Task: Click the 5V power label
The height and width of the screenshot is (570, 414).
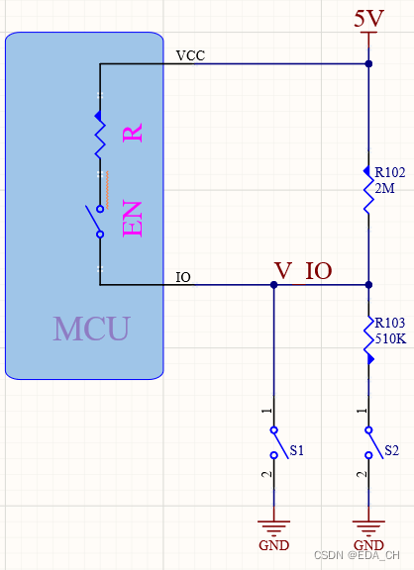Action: point(368,18)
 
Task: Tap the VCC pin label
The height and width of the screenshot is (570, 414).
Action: point(190,55)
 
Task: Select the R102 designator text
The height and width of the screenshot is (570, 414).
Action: point(390,172)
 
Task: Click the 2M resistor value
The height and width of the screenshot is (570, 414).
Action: point(385,188)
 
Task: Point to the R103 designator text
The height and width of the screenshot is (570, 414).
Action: point(390,323)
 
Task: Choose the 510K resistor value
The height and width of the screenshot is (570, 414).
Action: point(390,338)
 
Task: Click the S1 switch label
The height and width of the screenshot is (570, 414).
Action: point(297,450)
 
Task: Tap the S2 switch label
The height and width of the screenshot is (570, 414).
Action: point(392,450)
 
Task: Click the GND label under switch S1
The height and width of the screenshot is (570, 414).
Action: point(274,545)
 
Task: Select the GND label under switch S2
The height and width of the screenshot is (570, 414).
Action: point(368,545)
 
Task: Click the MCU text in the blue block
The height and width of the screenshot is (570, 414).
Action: point(92,329)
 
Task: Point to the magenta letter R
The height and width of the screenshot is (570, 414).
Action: point(133,133)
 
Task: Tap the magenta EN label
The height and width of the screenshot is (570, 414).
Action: point(133,218)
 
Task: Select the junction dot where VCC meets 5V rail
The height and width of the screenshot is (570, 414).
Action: point(368,63)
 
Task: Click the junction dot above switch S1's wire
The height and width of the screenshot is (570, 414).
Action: point(274,285)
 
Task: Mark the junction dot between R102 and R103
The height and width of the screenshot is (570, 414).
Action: point(368,285)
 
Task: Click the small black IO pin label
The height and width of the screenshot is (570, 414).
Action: point(183,277)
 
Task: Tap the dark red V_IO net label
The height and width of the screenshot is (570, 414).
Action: point(303,271)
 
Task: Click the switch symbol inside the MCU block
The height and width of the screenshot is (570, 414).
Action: point(97,222)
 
